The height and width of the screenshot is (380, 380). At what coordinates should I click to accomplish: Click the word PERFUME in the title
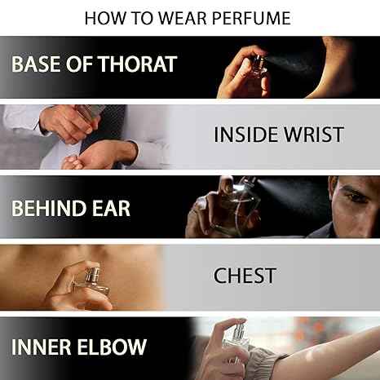251,18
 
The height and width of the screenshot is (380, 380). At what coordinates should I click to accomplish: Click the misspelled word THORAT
138,64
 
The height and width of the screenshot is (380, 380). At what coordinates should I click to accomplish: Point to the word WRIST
313,135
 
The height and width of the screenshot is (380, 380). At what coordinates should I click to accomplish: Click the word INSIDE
246,135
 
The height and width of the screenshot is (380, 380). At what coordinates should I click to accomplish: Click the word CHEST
245,276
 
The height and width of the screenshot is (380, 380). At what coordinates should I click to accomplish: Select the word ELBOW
112,347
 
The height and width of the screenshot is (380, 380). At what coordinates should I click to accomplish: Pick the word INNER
42,347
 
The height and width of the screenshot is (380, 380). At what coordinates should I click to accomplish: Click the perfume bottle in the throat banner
258,67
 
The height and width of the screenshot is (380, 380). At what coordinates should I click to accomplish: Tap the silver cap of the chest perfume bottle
91,274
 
